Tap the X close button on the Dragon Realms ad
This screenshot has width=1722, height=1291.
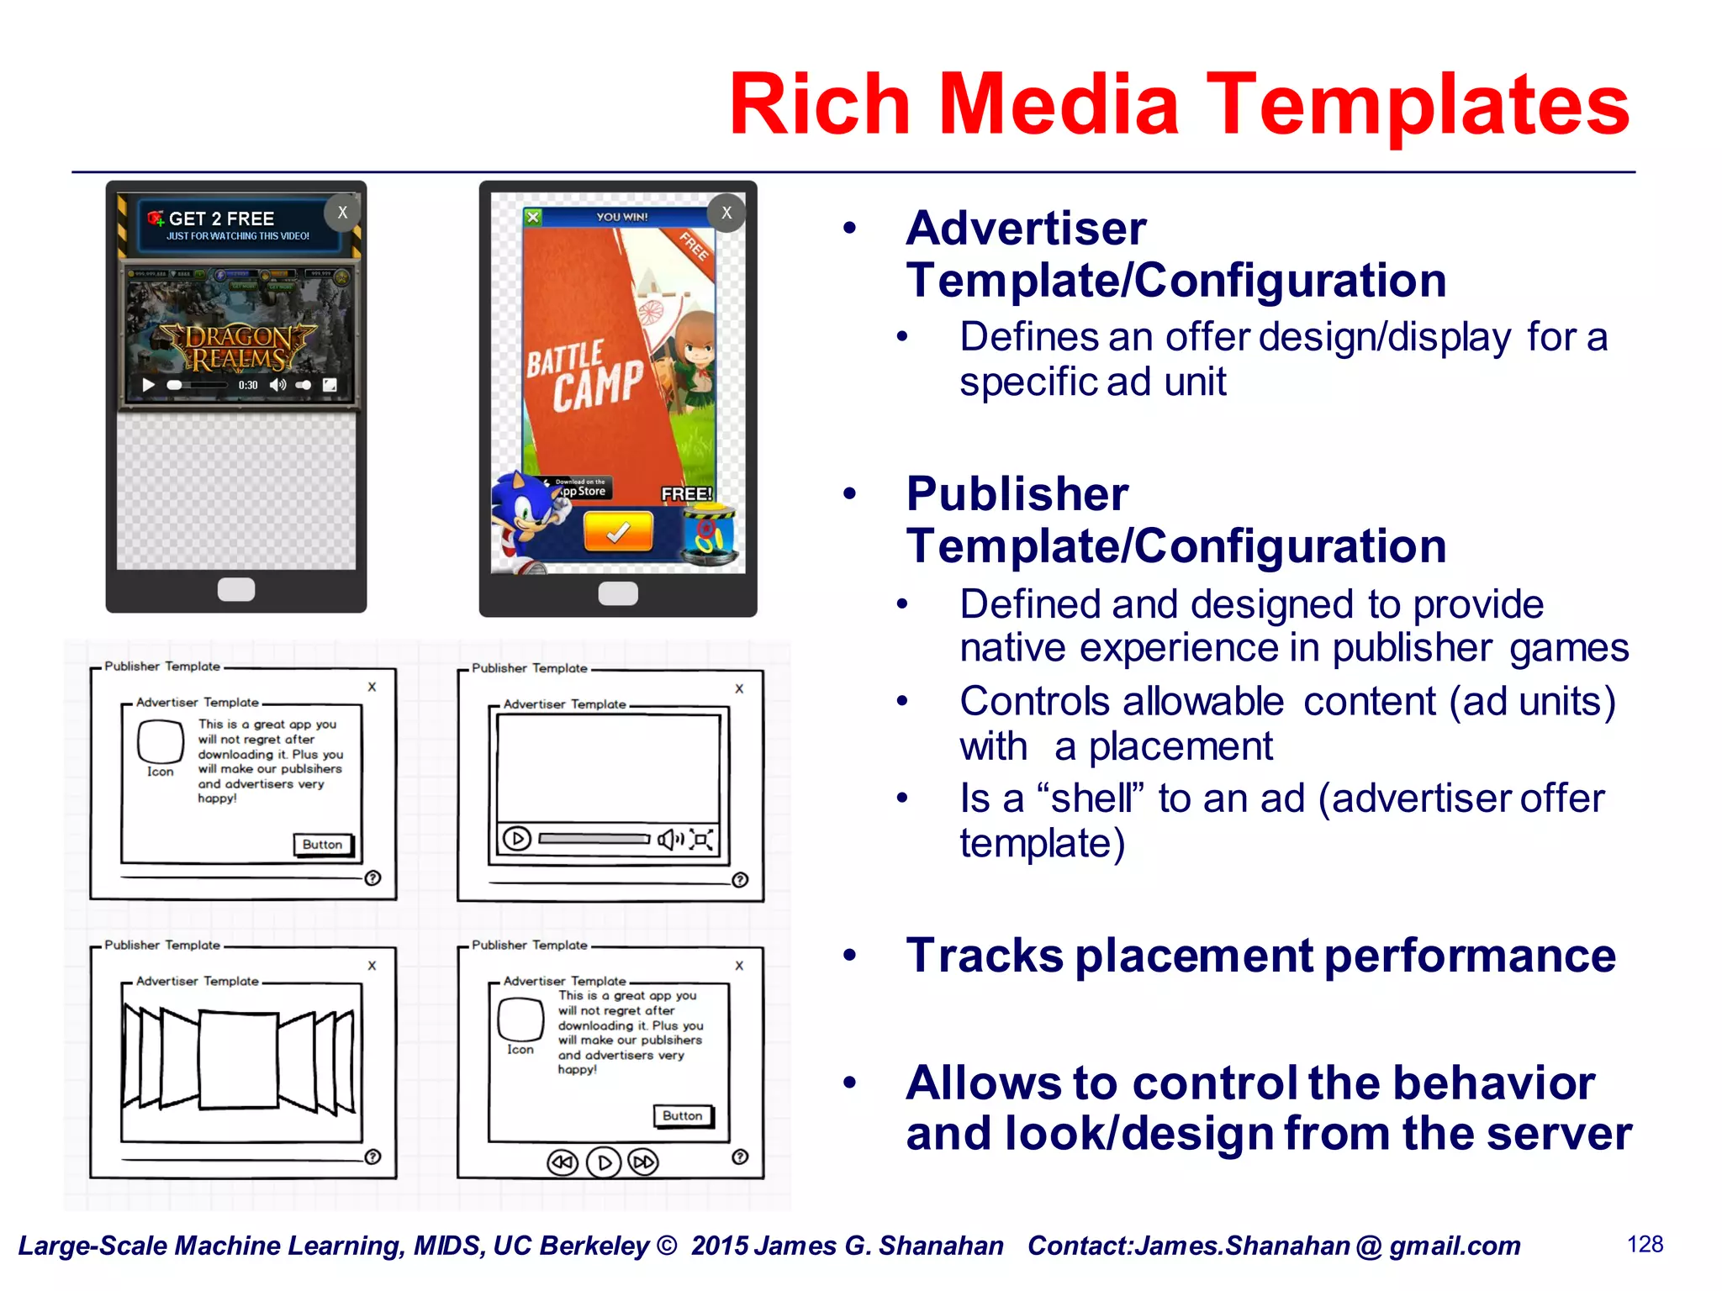coord(342,213)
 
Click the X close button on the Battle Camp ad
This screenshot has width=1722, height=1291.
coord(726,213)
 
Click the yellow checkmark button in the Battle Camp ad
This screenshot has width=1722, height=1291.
coord(618,532)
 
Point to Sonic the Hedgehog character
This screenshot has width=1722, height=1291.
coord(526,521)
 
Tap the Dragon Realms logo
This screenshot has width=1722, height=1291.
coord(238,348)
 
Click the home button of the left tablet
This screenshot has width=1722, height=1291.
coord(236,589)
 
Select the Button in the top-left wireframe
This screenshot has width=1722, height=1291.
coord(323,845)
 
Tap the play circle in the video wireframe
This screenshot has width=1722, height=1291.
coord(517,838)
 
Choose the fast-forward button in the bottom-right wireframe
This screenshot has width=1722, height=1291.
coord(644,1162)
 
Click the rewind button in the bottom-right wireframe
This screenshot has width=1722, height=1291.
coord(563,1162)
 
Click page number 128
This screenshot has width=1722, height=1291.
coord(1645,1245)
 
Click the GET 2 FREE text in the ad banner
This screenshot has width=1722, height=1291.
coord(221,219)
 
